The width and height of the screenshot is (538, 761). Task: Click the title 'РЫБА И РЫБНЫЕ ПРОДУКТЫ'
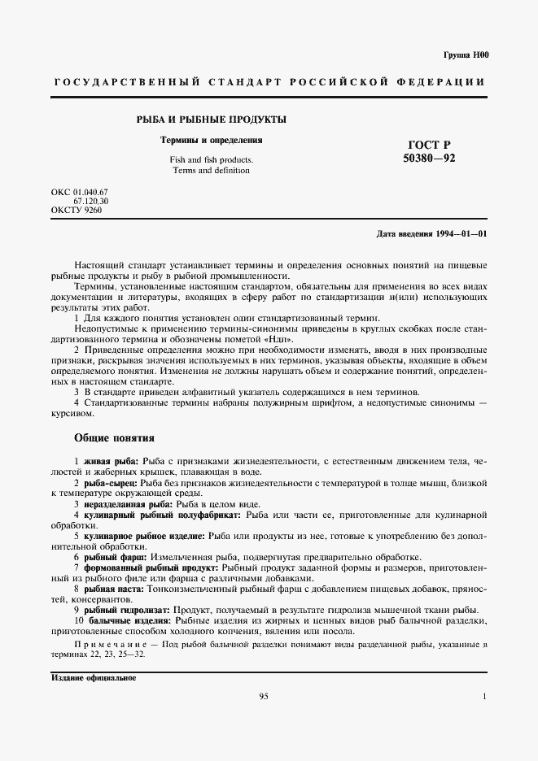pos(211,120)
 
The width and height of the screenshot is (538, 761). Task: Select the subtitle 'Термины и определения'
pos(211,140)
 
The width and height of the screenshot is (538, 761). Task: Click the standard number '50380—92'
pos(429,159)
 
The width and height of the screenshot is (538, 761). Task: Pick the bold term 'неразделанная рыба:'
pos(125,504)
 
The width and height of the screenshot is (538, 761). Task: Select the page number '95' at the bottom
pos(264,697)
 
